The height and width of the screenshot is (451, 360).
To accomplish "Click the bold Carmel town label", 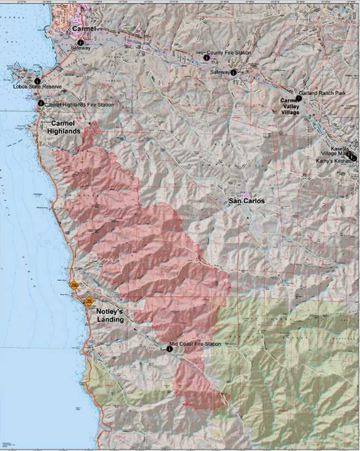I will point(83,28).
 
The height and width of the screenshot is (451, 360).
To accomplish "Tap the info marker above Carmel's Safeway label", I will point(80,42).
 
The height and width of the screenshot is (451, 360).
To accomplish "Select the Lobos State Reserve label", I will point(34,87).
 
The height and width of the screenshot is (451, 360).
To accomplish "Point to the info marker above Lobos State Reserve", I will point(37,81).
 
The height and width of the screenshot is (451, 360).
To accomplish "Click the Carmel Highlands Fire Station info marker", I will point(41,103).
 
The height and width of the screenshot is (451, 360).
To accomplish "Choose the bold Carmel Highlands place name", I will point(66,128).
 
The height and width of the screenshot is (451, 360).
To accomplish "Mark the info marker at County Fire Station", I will point(206,57).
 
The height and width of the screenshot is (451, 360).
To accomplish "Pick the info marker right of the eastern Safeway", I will point(233,72).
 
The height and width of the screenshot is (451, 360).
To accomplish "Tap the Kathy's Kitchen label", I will point(334,161).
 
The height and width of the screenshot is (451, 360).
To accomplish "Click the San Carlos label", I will point(247,201).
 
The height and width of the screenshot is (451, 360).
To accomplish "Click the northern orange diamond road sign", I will point(73,285).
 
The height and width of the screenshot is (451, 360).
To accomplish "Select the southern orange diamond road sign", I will point(89,300).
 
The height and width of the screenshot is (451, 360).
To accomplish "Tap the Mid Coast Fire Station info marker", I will point(170,349).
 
